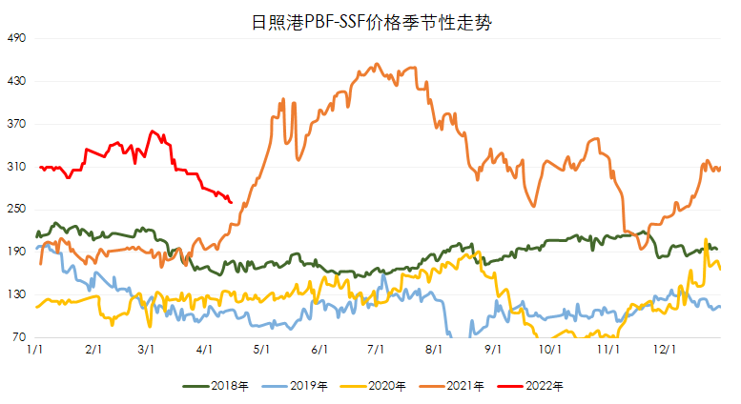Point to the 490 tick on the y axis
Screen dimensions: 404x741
tap(17, 39)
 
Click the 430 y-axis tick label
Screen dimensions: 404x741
tap(17, 82)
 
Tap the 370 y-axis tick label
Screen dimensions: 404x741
tap(17, 124)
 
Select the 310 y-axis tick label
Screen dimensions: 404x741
tap(17, 167)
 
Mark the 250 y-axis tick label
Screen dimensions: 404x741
tap(17, 210)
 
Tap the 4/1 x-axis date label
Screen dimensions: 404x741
tap(204, 351)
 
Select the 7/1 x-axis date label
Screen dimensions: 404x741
tap(375, 351)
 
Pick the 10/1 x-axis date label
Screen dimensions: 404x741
tap(548, 351)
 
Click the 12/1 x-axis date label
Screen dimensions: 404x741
tap(663, 351)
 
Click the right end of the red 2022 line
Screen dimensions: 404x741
tap(232, 201)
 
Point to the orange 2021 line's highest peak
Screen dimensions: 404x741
tap(378, 65)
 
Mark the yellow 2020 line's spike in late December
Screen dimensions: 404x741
tap(706, 240)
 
